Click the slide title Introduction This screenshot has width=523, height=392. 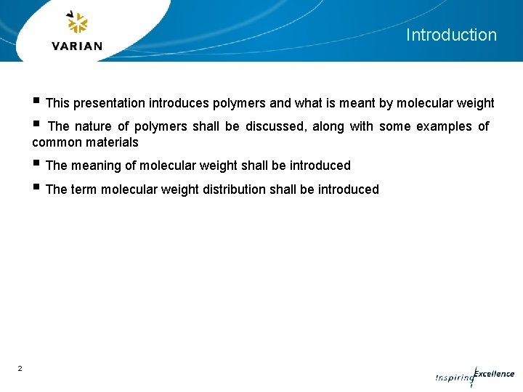click(451, 35)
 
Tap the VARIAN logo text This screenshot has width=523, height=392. click(77, 46)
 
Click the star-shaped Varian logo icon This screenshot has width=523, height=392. click(77, 23)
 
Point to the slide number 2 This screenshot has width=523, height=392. click(20, 369)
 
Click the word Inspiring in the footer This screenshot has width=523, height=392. click(453, 377)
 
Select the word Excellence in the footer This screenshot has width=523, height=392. click(494, 374)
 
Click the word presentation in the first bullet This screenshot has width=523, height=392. click(109, 103)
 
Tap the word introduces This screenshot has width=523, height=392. click(179, 103)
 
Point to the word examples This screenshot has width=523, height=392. click(443, 126)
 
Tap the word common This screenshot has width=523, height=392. click(54, 142)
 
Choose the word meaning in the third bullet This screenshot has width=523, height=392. click(97, 166)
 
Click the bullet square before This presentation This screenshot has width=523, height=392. click(36, 102)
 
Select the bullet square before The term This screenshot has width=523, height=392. click(36, 188)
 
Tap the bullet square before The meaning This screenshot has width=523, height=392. click(36, 164)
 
